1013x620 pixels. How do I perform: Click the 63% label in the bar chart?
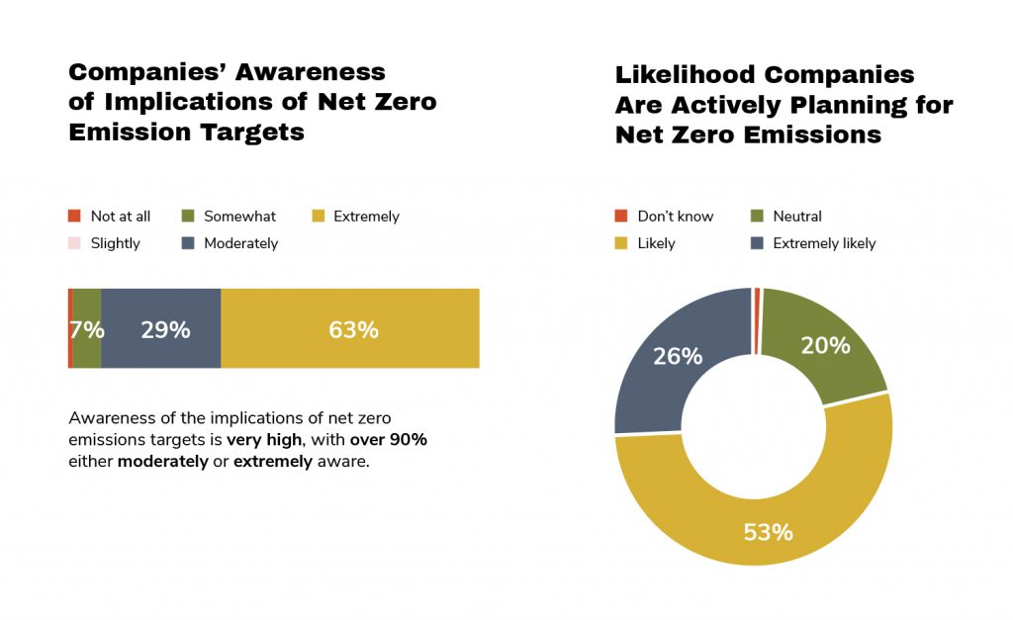click(353, 329)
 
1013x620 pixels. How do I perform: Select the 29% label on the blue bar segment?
click(165, 329)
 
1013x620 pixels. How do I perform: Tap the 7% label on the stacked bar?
click(87, 329)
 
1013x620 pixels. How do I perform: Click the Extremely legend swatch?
click(319, 217)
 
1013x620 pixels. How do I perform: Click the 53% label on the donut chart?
click(769, 532)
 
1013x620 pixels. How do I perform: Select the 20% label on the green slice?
click(826, 345)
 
